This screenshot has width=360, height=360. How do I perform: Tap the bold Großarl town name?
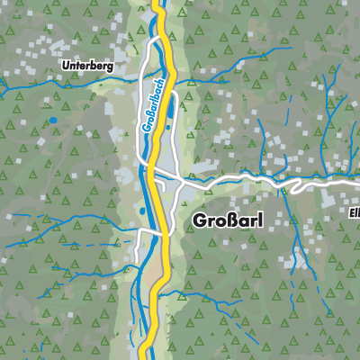click(x=226, y=219)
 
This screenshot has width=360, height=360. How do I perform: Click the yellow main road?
click(x=164, y=135)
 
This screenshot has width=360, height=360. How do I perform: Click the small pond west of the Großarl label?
click(x=142, y=211)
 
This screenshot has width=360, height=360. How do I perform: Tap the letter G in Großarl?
click(x=197, y=219)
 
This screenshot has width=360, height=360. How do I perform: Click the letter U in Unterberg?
click(x=65, y=66)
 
